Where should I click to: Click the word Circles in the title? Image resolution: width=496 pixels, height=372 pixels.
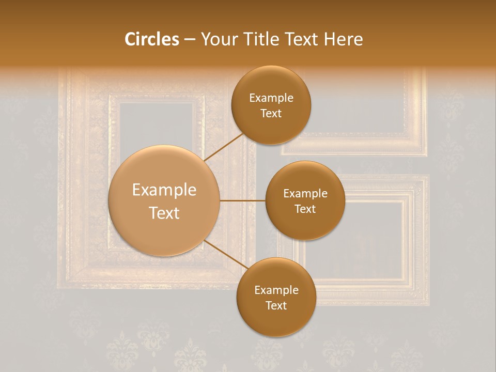[152, 39]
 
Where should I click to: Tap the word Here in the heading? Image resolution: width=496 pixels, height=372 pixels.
[343, 39]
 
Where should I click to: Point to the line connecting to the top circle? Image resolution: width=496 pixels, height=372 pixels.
[224, 147]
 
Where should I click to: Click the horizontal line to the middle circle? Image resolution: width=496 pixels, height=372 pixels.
[242, 200]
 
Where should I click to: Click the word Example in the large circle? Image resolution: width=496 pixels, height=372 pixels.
[164, 190]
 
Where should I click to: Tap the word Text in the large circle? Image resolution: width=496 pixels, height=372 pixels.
[164, 213]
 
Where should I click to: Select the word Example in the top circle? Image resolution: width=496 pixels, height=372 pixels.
[271, 98]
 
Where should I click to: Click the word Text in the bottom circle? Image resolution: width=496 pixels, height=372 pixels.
[276, 305]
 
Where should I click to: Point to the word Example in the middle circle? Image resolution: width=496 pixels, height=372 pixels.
[305, 194]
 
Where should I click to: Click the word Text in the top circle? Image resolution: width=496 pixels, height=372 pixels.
[271, 114]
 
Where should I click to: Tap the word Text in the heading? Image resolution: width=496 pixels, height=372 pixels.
[301, 39]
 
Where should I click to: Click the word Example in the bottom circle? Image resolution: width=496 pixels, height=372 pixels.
[276, 290]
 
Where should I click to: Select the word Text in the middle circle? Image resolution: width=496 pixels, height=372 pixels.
[305, 209]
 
